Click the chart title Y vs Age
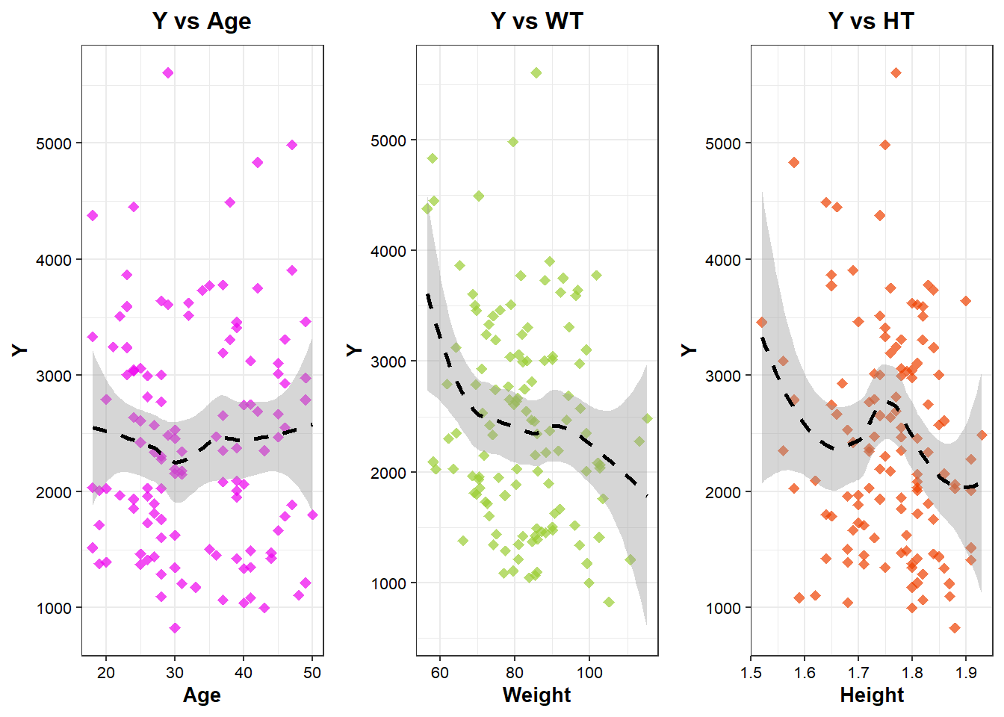pyautogui.click(x=202, y=21)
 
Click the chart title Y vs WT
pyautogui.click(x=536, y=21)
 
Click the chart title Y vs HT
pyautogui.click(x=871, y=21)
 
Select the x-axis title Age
pyautogui.click(x=202, y=695)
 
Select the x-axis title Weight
pyautogui.click(x=536, y=695)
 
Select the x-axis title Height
pyautogui.click(x=872, y=695)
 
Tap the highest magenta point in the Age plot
pyautogui.click(x=168, y=73)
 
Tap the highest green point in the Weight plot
pyautogui.click(x=536, y=73)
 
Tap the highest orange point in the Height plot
pyautogui.click(x=896, y=73)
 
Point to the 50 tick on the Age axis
pyautogui.click(x=312, y=672)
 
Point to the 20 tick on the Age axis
pyautogui.click(x=106, y=672)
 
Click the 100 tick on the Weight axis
pyautogui.click(x=589, y=672)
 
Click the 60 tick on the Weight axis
pyautogui.click(x=440, y=672)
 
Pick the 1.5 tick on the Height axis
pyautogui.click(x=751, y=672)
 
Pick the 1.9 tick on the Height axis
pyautogui.click(x=966, y=672)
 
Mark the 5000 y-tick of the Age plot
pyautogui.click(x=54, y=143)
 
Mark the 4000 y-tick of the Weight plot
pyautogui.click(x=388, y=252)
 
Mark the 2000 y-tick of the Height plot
pyautogui.click(x=723, y=492)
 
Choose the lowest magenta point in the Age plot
pyautogui.click(x=175, y=628)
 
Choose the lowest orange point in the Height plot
pyautogui.click(x=955, y=628)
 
